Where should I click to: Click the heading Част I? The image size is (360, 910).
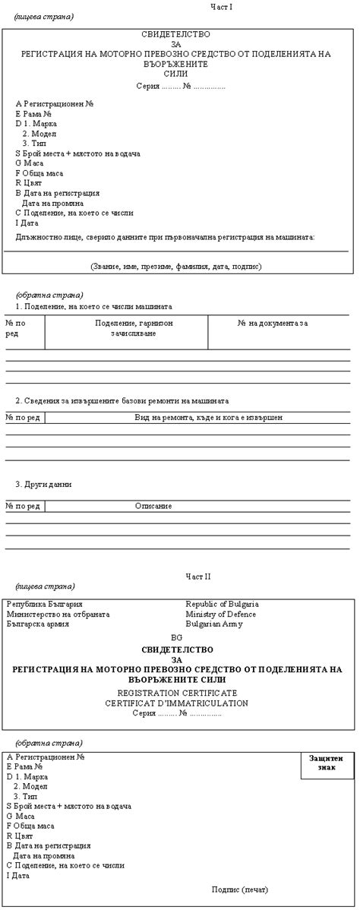[221, 7]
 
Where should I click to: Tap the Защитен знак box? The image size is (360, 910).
[327, 763]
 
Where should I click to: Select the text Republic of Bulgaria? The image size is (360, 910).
[223, 605]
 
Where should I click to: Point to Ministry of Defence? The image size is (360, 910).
[221, 615]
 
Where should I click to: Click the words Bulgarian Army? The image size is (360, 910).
[213, 624]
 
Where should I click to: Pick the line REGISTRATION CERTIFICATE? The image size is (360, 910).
[177, 694]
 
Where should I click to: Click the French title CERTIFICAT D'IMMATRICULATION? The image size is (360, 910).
[177, 703]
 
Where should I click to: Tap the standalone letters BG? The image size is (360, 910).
[177, 638]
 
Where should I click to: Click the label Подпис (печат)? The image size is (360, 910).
[240, 889]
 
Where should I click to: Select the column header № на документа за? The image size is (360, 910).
[272, 324]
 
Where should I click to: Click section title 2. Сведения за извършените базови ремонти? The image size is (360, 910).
[122, 400]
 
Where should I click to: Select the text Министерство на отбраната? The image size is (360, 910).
[58, 615]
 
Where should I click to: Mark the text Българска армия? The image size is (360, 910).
[38, 624]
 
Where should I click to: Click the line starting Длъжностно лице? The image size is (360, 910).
[165, 237]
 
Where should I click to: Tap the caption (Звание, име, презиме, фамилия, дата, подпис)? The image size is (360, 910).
[175, 267]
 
